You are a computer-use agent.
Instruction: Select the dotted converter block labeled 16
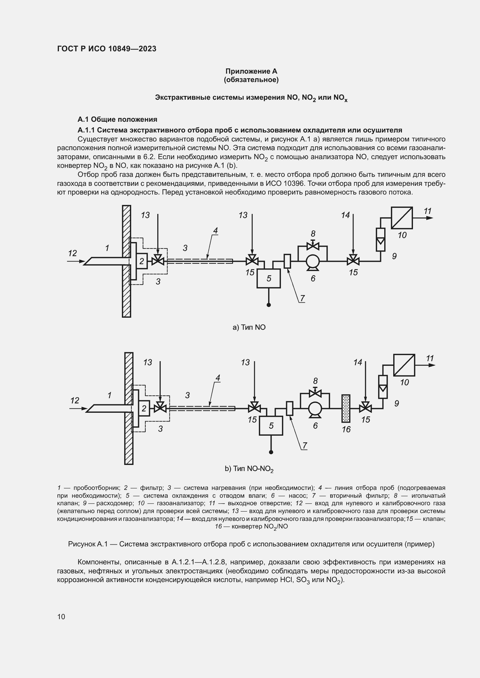[x=346, y=408]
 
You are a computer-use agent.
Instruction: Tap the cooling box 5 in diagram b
[x=271, y=426]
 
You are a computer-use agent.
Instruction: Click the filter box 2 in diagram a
[x=142, y=261]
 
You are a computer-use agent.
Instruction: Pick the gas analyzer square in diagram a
[x=402, y=218]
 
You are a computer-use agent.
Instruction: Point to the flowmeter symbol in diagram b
[x=383, y=387]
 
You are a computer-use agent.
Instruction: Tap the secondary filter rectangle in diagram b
[x=290, y=408]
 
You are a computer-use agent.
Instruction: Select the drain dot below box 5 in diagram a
[x=269, y=305]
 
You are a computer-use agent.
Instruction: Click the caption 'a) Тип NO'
[x=249, y=327]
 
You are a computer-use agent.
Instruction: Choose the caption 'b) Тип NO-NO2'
[x=249, y=469]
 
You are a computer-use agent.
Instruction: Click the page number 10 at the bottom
[x=61, y=617]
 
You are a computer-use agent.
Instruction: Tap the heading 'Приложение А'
[x=251, y=71]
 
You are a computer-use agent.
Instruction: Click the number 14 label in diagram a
[x=345, y=215]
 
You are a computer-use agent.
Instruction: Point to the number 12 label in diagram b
[x=75, y=400]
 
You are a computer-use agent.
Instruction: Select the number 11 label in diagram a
[x=427, y=211]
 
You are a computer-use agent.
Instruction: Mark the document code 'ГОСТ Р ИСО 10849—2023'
[x=107, y=49]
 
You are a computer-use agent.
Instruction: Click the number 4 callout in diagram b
[x=218, y=378]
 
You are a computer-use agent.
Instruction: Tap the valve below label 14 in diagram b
[x=366, y=408]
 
